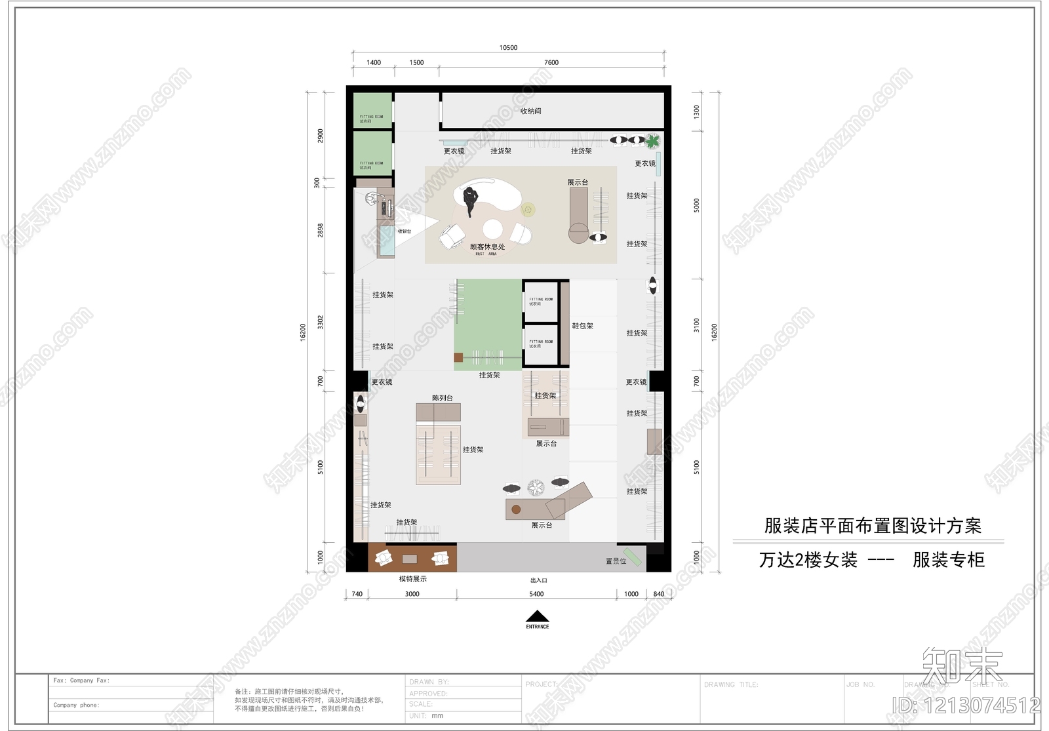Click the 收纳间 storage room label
(x=530, y=111)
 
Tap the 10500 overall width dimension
(x=508, y=48)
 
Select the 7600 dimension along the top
(x=551, y=63)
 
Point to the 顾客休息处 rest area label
(x=487, y=247)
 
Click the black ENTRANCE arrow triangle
(x=538, y=616)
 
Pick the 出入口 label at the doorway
(x=538, y=580)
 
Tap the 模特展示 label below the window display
(x=412, y=579)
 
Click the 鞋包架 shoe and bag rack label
(x=582, y=326)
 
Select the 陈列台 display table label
(x=442, y=398)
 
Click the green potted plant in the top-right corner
(x=652, y=140)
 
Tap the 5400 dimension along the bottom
(x=536, y=594)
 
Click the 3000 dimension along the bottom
(x=412, y=594)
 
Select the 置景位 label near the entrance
(x=616, y=561)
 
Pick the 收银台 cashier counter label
(x=405, y=231)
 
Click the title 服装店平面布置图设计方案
(x=873, y=526)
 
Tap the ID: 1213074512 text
(x=966, y=705)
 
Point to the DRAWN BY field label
(x=429, y=682)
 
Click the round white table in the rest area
(x=492, y=228)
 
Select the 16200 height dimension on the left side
(x=303, y=331)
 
